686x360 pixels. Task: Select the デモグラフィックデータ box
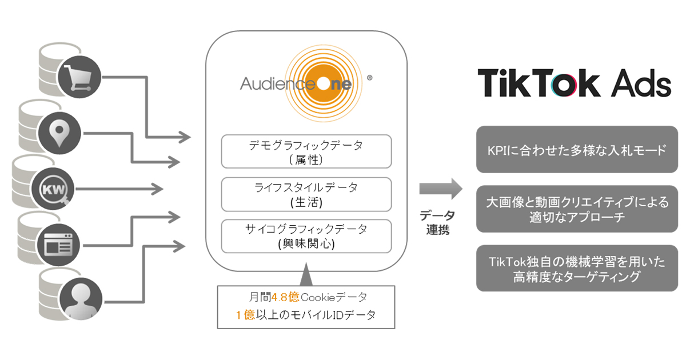306,151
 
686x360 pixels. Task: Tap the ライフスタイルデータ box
306,194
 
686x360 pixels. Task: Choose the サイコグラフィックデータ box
306,236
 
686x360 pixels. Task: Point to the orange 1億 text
245,315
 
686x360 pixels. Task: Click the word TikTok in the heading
539,84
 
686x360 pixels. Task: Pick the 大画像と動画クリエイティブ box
577,210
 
